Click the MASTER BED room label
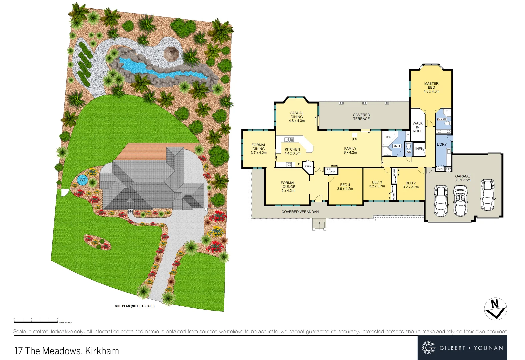[x=431, y=85]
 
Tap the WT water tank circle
[x=82, y=180]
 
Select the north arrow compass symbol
[x=495, y=309]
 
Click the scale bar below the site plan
[x=36, y=322]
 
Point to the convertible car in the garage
[x=461, y=201]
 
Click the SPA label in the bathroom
[x=388, y=137]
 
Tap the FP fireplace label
[x=354, y=140]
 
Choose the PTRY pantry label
[x=308, y=166]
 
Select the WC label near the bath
[x=408, y=152]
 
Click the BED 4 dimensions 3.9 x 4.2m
[x=345, y=189]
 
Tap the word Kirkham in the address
[x=102, y=351]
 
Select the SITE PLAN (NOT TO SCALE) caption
[x=135, y=306]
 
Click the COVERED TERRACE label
[x=361, y=117]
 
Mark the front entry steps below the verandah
[x=319, y=225]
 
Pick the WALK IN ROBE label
[x=418, y=127]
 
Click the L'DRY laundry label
[x=442, y=145]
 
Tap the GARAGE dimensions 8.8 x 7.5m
[x=463, y=180]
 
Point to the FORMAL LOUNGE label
[x=288, y=187]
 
